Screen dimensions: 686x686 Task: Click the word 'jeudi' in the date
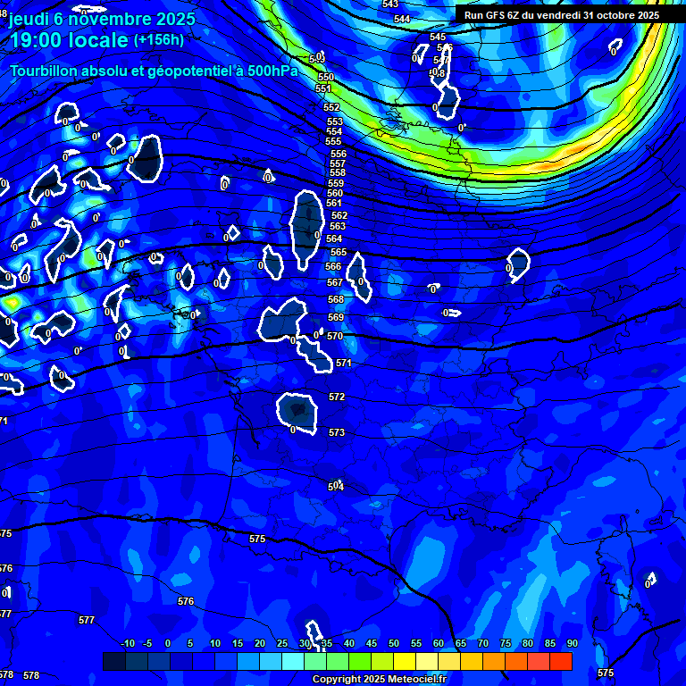pos(35,19)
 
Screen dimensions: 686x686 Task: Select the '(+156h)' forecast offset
pos(158,40)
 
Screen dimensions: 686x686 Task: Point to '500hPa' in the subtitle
pos(271,71)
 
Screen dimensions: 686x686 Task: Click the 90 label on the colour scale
pos(572,643)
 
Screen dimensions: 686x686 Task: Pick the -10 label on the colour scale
pos(127,643)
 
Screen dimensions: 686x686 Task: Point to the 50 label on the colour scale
pos(394,643)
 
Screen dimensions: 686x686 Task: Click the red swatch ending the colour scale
pos(561,661)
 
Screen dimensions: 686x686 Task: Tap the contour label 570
pos(335,337)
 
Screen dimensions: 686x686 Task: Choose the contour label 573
pos(337,432)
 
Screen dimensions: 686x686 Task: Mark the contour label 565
pos(339,252)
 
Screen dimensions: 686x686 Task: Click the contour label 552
pos(331,107)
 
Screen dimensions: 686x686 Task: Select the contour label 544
pos(402,19)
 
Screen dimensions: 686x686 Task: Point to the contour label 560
pos(335,193)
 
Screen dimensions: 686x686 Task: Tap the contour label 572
pos(337,397)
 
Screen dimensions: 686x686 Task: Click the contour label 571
pos(344,364)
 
